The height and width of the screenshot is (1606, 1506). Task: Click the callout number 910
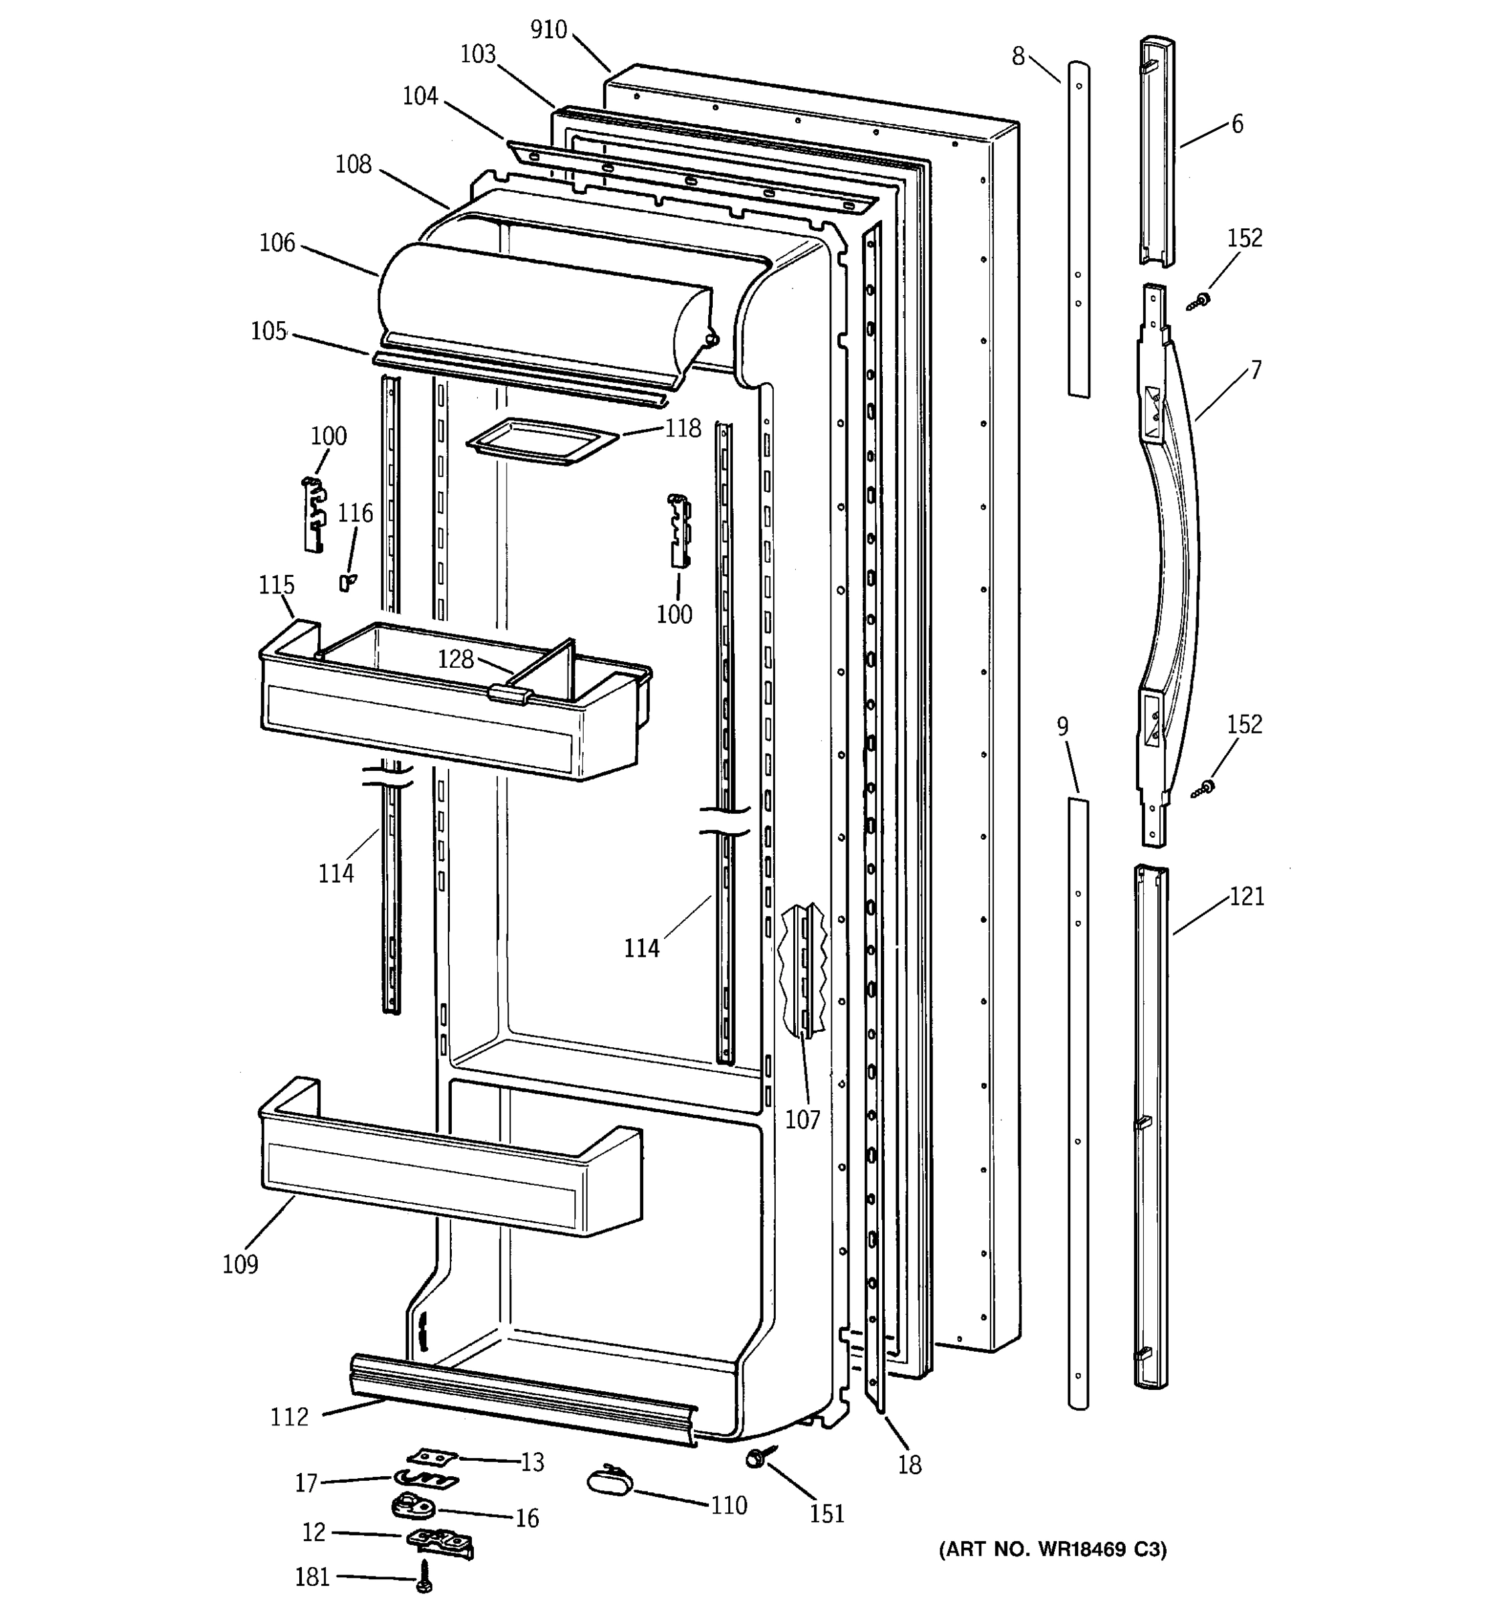pyautogui.click(x=549, y=30)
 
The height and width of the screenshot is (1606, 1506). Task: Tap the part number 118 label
pyautogui.click(x=683, y=428)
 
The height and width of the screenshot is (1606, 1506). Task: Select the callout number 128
pyautogui.click(x=455, y=659)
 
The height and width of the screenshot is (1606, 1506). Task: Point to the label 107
pyautogui.click(x=803, y=1120)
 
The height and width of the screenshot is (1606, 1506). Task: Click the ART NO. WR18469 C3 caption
pyautogui.click(x=1053, y=1549)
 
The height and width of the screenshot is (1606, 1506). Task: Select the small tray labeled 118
pyautogui.click(x=541, y=440)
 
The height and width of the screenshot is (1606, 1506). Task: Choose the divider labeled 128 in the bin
pyautogui.click(x=550, y=671)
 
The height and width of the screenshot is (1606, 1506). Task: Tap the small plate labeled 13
pyautogui.click(x=432, y=1455)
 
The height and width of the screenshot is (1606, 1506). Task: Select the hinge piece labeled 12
pyautogui.click(x=440, y=1541)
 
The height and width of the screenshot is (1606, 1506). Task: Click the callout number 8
pyautogui.click(x=1018, y=56)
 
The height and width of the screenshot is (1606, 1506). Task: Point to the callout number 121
pyautogui.click(x=1247, y=897)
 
